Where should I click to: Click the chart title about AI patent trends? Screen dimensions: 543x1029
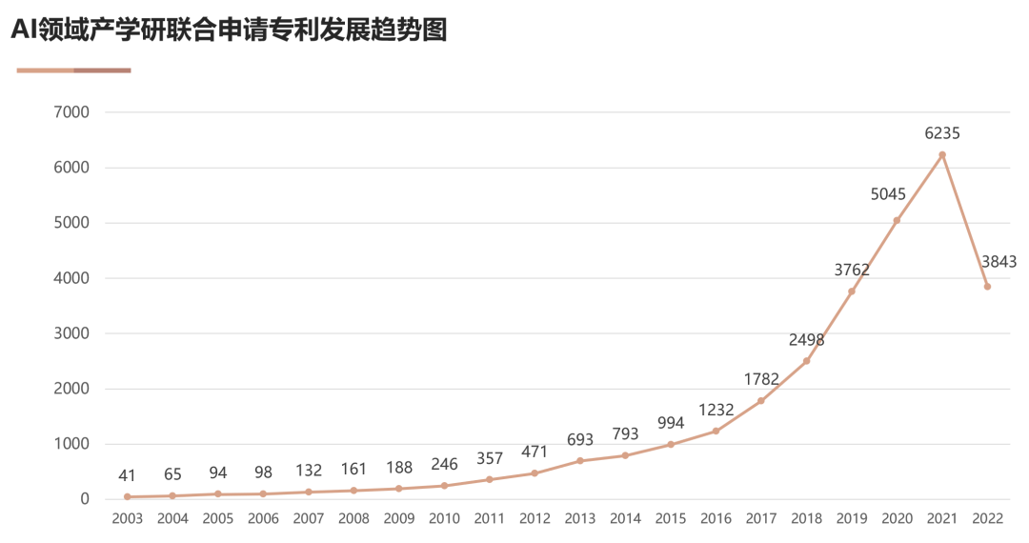(229, 30)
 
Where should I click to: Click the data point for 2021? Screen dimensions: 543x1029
(942, 154)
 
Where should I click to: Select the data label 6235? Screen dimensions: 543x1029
(942, 133)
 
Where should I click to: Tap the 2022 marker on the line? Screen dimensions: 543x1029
(987, 287)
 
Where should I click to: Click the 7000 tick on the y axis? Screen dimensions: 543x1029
(72, 112)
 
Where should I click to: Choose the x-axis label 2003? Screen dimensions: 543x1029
(127, 519)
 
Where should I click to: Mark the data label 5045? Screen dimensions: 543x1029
(888, 194)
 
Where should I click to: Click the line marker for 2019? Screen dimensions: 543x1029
(852, 292)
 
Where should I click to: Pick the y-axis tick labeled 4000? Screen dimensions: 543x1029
(72, 278)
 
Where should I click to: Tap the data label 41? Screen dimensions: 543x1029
(127, 475)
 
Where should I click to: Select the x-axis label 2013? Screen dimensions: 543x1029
(579, 519)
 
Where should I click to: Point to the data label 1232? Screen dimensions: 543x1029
(716, 410)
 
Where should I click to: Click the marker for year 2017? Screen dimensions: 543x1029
(760, 401)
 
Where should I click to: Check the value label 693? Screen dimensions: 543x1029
(579, 440)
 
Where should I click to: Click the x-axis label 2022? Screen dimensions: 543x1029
(987, 519)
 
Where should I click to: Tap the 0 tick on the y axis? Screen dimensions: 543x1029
(85, 499)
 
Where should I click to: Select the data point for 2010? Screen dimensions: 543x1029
(444, 486)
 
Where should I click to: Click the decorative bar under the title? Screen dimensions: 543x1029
(73, 70)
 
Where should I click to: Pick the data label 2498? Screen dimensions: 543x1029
(806, 340)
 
